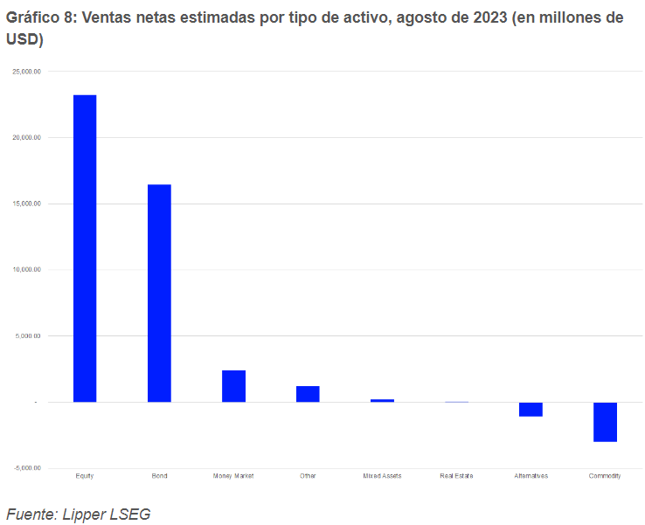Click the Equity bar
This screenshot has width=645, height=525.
[x=85, y=248]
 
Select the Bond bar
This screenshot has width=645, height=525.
[x=159, y=293]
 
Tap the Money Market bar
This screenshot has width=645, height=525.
[x=233, y=386]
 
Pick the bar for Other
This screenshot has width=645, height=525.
[x=308, y=394]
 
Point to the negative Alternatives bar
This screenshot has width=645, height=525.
[x=531, y=409]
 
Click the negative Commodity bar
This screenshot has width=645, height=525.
[x=605, y=422]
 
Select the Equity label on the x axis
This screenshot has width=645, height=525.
[x=85, y=476]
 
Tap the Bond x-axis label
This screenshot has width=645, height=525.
[x=159, y=476]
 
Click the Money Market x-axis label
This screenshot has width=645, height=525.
[x=233, y=476]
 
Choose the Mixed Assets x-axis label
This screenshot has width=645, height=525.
[x=382, y=476]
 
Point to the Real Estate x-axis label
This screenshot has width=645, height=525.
[x=456, y=476]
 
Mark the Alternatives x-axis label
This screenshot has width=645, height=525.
[x=531, y=476]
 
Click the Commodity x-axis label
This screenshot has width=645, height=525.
[x=605, y=476]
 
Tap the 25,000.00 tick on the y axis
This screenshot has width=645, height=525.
[x=26, y=72]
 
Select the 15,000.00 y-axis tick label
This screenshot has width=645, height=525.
[x=26, y=204]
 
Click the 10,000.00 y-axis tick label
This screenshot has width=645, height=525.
[x=26, y=270]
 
